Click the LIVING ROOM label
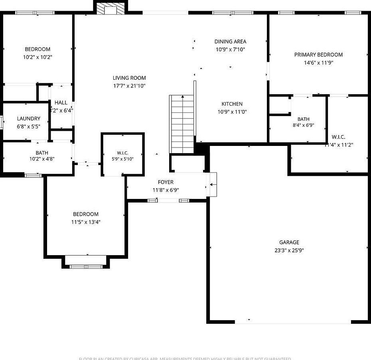coord(129,78)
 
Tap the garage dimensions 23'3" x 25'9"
coord(289,250)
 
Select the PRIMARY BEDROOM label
coord(318,55)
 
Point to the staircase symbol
coord(182,124)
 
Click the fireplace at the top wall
coord(111,8)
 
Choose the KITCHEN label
coord(232,104)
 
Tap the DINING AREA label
coord(230,41)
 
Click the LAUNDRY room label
coord(28,118)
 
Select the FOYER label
coord(166,182)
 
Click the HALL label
coord(61,103)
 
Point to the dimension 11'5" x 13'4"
coord(86,222)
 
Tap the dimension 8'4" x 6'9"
coord(303,125)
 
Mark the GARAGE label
coord(289,242)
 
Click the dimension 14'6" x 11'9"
coord(318,63)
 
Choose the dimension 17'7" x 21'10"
coord(129,86)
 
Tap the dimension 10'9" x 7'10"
coord(230,49)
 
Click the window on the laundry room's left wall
coord(2,122)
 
